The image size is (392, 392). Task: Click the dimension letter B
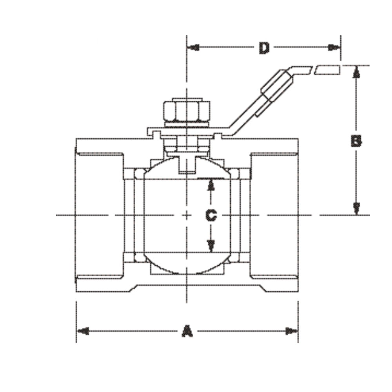coord(356,141)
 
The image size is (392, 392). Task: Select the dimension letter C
coord(211,215)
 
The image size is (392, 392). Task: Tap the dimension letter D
coord(264,48)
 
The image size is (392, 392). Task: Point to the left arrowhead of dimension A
coord(82,331)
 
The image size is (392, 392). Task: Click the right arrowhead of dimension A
coord(292,331)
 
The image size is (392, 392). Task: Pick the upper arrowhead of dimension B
coord(356,72)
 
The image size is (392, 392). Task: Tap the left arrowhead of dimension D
coord(193,48)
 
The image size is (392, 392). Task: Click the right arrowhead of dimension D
coord(334,48)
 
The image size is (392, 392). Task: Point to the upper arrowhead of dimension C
coord(211,184)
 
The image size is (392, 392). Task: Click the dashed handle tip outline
coord(327,70)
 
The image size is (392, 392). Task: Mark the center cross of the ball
coord(187,215)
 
